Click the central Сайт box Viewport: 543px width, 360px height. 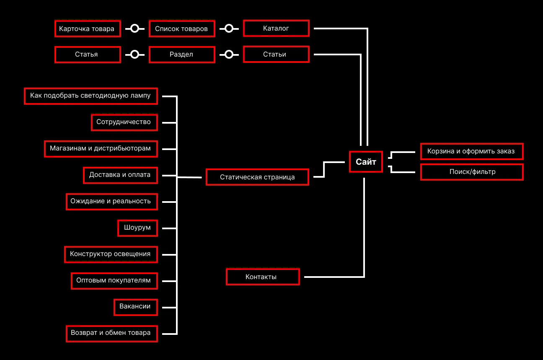(x=366, y=162)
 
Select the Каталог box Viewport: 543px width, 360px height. (x=276, y=28)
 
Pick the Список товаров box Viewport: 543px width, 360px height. (x=181, y=29)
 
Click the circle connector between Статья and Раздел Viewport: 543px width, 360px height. (x=134, y=55)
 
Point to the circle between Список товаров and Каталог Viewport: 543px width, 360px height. (x=229, y=28)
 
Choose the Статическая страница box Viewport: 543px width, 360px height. (x=257, y=177)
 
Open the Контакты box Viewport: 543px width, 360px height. (x=263, y=277)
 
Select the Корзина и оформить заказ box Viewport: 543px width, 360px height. (x=471, y=151)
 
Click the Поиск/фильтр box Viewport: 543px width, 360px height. (x=471, y=172)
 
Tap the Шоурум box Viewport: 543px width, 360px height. (x=137, y=228)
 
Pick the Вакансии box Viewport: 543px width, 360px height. (x=135, y=307)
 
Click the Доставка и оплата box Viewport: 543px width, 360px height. (x=120, y=175)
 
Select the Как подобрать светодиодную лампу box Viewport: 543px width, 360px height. (x=90, y=96)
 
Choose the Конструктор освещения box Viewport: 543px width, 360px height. (x=111, y=254)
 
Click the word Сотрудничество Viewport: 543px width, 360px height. (x=123, y=122)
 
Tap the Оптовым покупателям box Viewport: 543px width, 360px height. (x=114, y=280)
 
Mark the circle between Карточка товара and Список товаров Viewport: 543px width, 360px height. (x=134, y=28)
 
